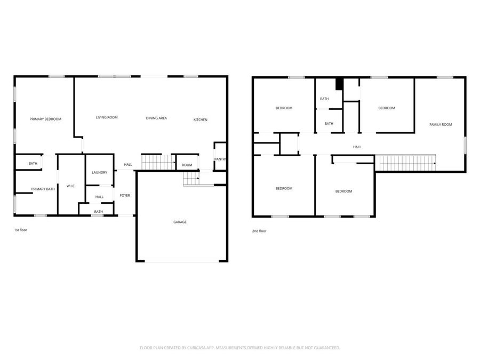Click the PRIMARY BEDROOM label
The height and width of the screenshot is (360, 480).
coord(45,119)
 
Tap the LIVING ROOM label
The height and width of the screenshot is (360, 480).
coord(107,117)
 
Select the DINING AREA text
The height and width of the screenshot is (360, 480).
coord(156,118)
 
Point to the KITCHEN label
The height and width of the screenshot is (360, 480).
coord(200,119)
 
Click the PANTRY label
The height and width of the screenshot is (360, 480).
coord(220,159)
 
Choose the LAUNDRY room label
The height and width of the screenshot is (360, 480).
coord(99,172)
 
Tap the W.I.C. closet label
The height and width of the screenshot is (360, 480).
coord(71,186)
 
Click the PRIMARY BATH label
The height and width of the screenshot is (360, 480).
coord(43,189)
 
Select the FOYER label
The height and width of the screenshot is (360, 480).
coord(125,195)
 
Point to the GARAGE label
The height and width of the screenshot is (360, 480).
coord(180,222)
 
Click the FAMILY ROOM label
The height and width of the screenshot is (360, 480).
coord(441,124)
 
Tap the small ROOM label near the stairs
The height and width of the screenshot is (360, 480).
coord(187,165)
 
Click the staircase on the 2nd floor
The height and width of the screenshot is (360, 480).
coord(405,163)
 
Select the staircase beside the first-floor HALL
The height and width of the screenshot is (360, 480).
coord(158,162)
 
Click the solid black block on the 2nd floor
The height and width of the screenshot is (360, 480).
coord(339,84)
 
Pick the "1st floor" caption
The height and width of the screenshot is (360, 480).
coord(21,231)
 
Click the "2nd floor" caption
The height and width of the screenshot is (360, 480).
coord(259,231)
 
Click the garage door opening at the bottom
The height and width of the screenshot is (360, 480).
coord(182,261)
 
